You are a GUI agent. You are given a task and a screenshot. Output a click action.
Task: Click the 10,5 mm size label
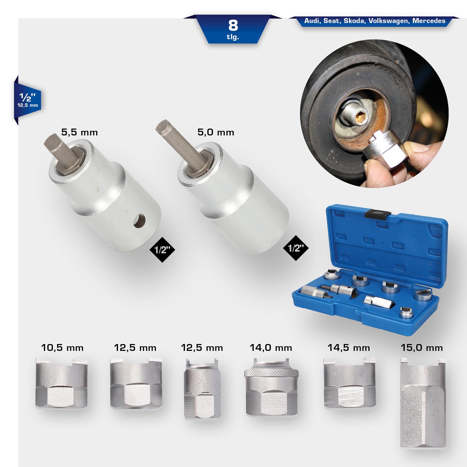point(62,347)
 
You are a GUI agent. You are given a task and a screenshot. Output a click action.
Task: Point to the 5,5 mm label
point(80,133)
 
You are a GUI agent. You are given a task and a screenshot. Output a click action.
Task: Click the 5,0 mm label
point(216,132)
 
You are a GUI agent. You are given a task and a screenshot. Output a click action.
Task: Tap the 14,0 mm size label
point(271,347)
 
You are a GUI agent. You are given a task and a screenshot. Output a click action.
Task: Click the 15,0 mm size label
point(422,347)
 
